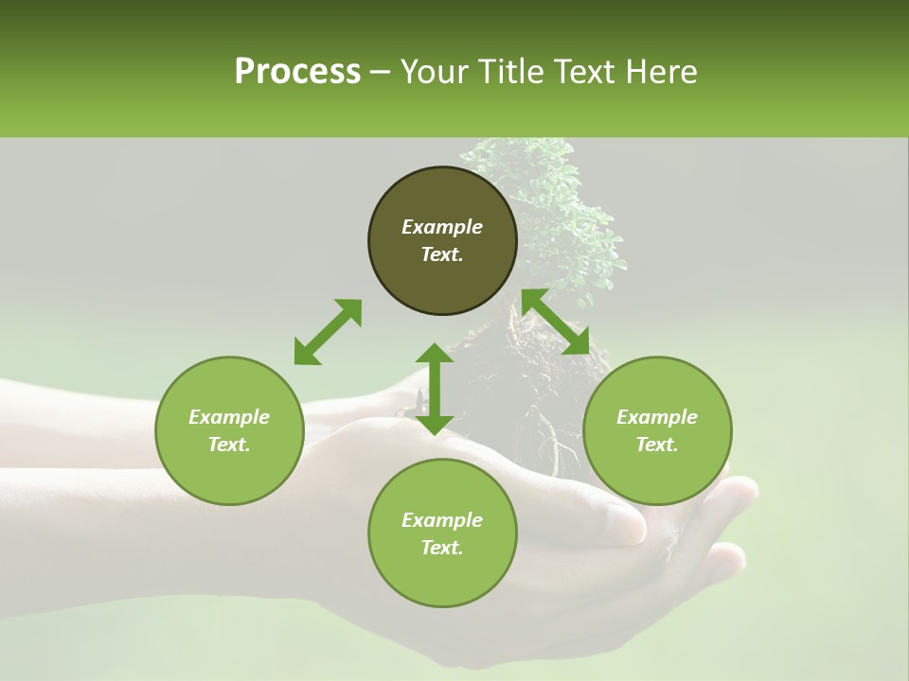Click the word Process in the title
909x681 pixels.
click(297, 72)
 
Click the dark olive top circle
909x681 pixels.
click(442, 274)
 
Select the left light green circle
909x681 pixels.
click(229, 473)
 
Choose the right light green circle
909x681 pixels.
click(657, 473)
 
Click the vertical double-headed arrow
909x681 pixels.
click(435, 389)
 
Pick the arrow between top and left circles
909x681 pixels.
click(328, 331)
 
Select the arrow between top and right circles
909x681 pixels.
click(556, 322)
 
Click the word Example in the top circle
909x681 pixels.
click(442, 227)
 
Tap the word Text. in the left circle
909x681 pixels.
click(229, 445)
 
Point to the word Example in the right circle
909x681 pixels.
click(657, 417)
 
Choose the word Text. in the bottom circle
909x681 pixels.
click(442, 548)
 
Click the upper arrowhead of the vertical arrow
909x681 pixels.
click(435, 355)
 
